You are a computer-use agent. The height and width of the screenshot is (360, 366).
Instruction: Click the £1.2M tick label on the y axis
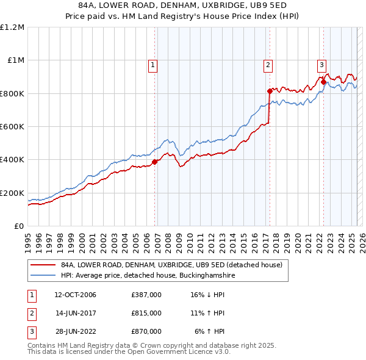coord(12,27)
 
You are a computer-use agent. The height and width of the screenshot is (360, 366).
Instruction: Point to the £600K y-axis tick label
coord(12,127)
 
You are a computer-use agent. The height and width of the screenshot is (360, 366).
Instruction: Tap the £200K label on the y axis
coord(12,193)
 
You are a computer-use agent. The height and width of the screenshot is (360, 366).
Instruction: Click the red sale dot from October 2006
coord(155,162)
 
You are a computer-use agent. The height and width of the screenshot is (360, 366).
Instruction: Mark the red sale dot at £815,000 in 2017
coord(270,91)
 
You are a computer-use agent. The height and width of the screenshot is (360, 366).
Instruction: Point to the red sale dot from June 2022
coord(323,82)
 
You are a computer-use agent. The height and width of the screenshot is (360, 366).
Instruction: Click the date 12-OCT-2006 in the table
coord(75,295)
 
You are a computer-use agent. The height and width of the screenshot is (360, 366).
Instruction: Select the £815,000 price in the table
coord(146,313)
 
